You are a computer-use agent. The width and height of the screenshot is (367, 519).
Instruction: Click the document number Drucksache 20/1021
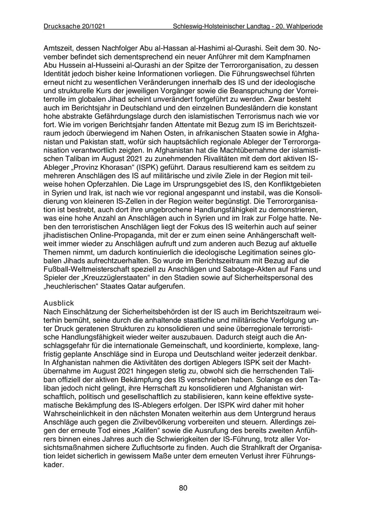[75, 27]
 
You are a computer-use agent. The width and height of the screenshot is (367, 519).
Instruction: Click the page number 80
[183, 488]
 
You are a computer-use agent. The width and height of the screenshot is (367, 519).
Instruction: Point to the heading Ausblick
[59, 303]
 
